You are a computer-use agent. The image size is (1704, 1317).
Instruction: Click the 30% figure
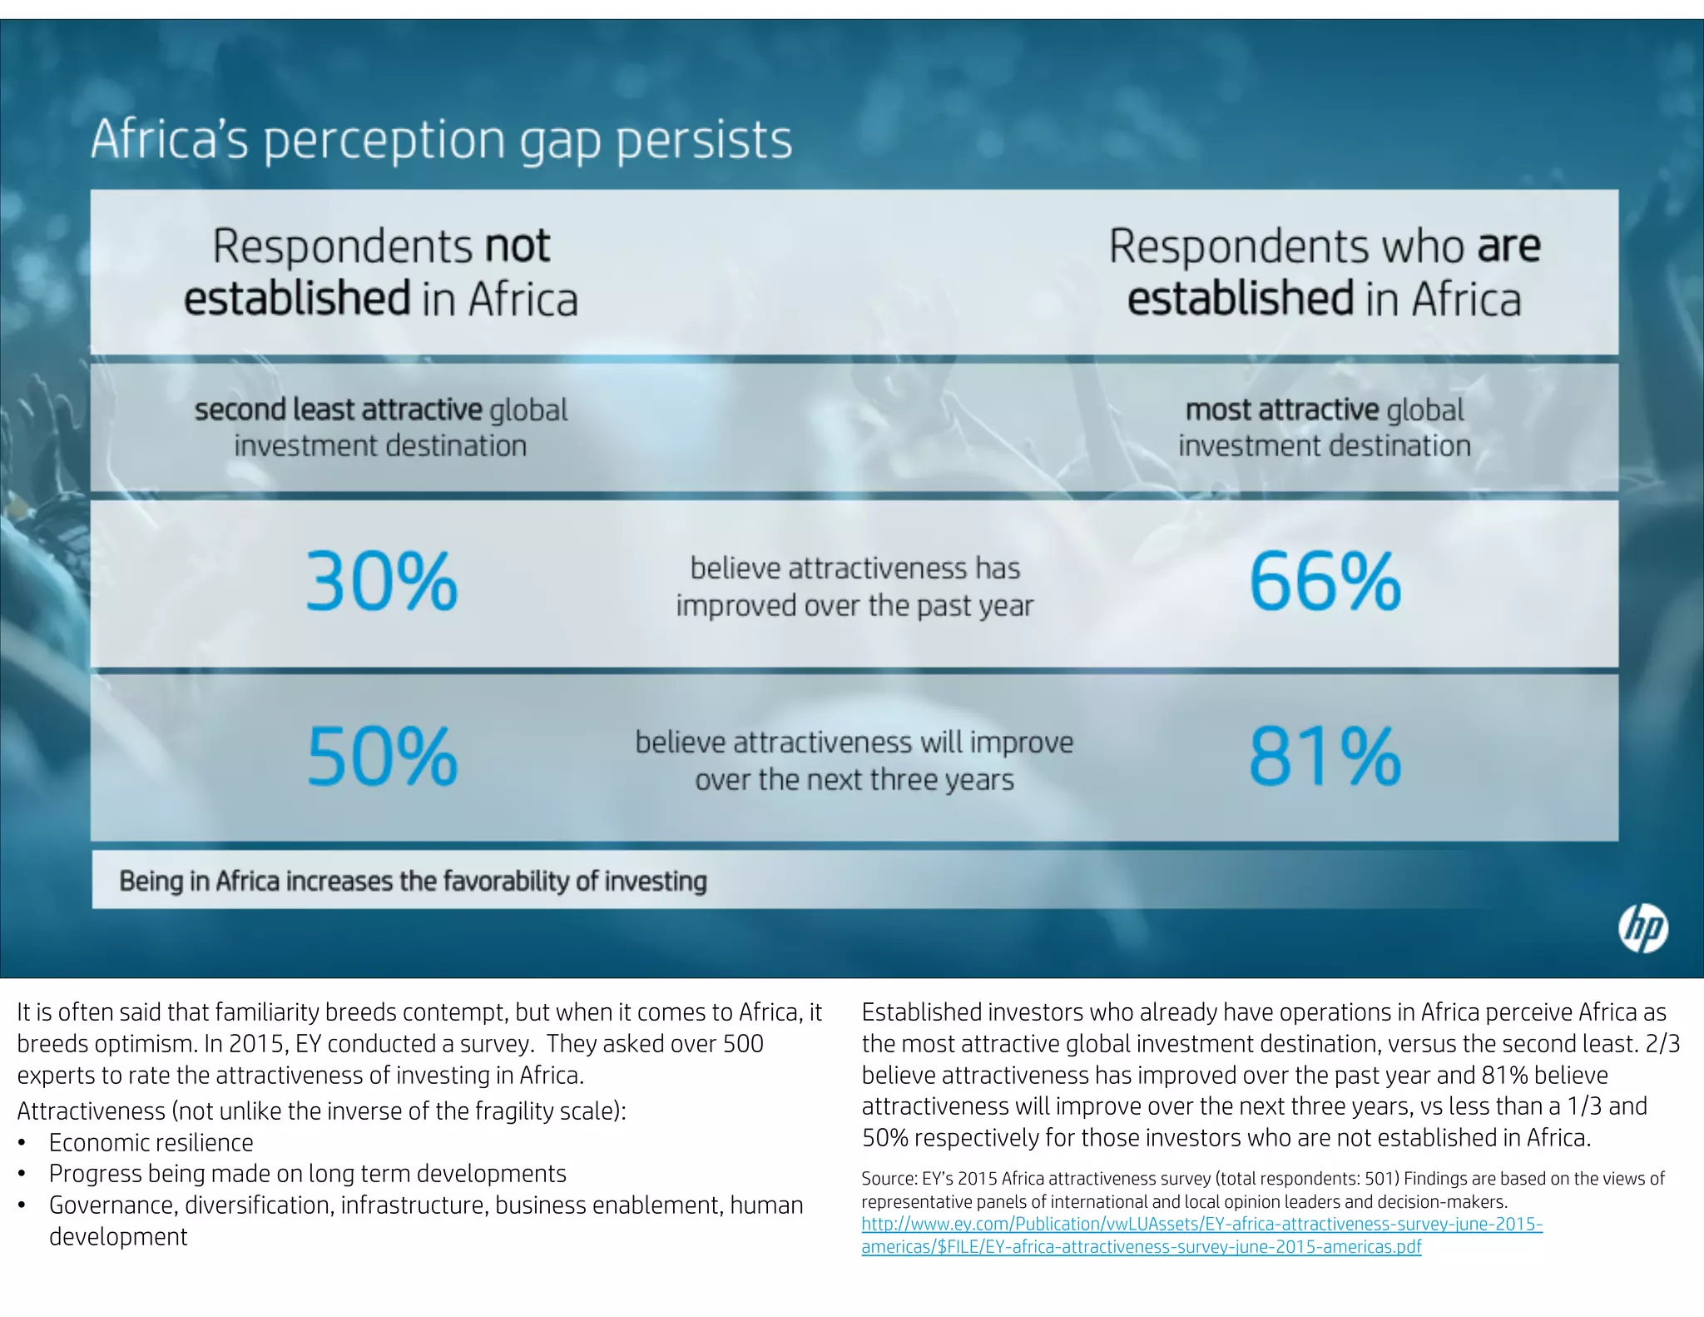pos(382,582)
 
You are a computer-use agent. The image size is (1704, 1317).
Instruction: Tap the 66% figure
pos(1325,582)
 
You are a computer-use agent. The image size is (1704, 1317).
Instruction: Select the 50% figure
pos(382,757)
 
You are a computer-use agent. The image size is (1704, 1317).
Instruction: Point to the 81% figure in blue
pos(1325,757)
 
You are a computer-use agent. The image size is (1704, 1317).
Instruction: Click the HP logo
pos(1642,928)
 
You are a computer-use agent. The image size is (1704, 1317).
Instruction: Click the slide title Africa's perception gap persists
pos(441,139)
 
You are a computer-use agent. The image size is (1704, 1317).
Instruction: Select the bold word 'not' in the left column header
pos(517,246)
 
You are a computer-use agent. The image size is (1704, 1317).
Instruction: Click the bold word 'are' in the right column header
pos(1508,246)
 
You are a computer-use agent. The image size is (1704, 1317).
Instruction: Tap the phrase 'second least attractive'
pos(338,410)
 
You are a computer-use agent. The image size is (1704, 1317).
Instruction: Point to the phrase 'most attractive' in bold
pos(1282,410)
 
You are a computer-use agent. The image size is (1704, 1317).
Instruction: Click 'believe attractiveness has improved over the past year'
pos(854,587)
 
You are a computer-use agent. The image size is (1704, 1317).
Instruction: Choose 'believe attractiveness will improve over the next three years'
pos(854,761)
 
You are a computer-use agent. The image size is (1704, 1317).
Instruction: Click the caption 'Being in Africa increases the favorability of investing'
pos(413,881)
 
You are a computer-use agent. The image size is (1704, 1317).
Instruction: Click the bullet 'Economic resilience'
pos(151,1143)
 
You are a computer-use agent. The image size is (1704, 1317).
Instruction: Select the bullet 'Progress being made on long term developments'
pos(307,1174)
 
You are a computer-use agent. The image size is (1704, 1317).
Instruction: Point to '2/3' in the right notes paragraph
pos(1662,1044)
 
